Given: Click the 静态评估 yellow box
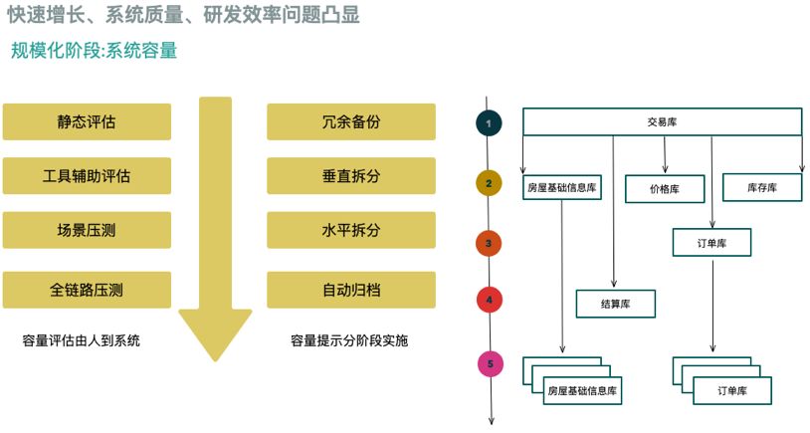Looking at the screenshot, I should (x=87, y=122).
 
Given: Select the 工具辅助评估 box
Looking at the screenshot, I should (x=87, y=176).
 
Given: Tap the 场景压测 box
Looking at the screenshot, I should (x=87, y=230).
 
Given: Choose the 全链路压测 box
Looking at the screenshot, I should (x=87, y=290).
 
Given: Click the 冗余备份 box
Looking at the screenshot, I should (x=351, y=122).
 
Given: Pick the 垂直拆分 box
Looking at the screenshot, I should (x=351, y=176).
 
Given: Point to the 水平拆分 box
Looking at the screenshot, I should (x=351, y=230).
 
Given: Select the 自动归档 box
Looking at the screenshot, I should (x=351, y=290).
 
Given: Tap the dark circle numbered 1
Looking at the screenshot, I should (x=489, y=123).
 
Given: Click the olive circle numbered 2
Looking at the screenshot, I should (x=489, y=183).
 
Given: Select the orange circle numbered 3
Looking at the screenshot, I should (x=489, y=242).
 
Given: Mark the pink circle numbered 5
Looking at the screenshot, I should (x=489, y=364).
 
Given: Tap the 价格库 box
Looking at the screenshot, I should (x=664, y=188).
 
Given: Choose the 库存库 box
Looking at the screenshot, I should (x=762, y=187).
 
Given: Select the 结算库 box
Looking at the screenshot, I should (x=616, y=304).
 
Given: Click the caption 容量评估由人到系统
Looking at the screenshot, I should (x=82, y=340).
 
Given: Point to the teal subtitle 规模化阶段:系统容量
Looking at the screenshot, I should (x=94, y=50).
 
